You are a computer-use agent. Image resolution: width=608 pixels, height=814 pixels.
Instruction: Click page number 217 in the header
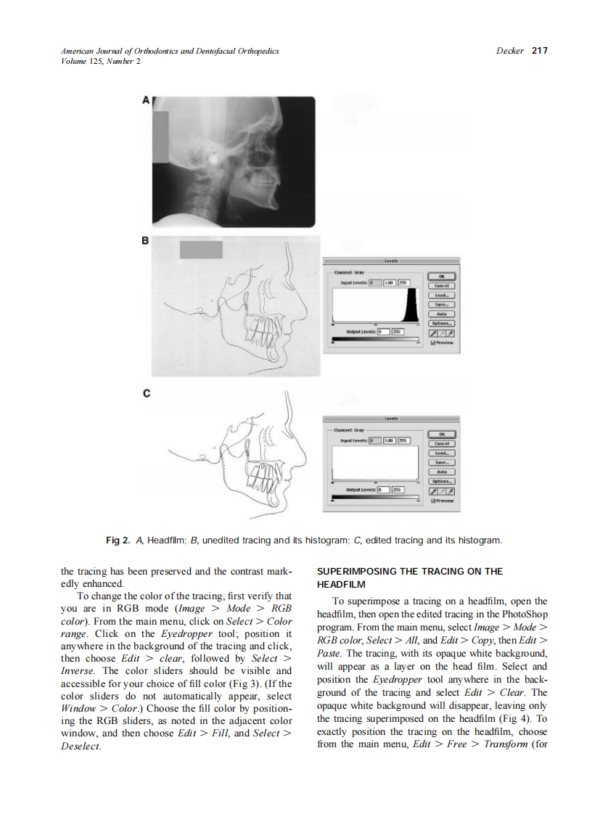pos(539,51)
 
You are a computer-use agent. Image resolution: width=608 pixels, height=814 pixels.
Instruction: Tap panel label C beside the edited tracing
pos(146,393)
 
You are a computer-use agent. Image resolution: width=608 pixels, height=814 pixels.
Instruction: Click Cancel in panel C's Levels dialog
pos(442,443)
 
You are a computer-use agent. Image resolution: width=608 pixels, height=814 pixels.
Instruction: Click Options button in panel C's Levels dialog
pos(442,481)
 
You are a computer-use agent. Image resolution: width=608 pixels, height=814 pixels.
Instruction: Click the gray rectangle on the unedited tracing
pos(201,250)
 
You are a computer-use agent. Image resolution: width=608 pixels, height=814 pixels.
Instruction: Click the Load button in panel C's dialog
pos(442,453)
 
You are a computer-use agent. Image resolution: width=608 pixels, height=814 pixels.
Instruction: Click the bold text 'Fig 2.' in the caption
pos(118,540)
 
